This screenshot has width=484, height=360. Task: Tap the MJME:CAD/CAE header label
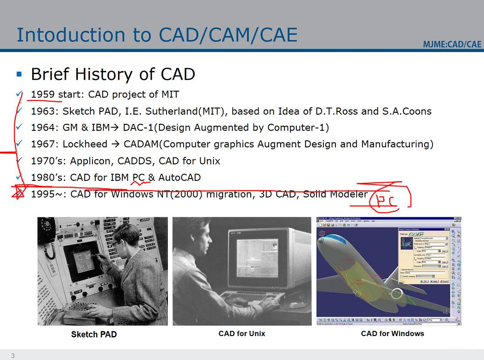point(452,44)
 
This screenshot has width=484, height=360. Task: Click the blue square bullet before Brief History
point(19,74)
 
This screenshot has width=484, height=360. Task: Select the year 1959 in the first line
point(43,94)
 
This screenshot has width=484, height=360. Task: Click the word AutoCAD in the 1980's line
point(179,178)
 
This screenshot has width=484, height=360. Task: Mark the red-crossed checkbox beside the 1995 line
point(19,194)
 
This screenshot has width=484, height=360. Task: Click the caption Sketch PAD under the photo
point(94,334)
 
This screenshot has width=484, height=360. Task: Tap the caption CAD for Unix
point(242,333)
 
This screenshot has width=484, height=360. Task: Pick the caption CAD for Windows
point(392,333)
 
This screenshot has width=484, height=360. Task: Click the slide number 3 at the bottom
point(13,355)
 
